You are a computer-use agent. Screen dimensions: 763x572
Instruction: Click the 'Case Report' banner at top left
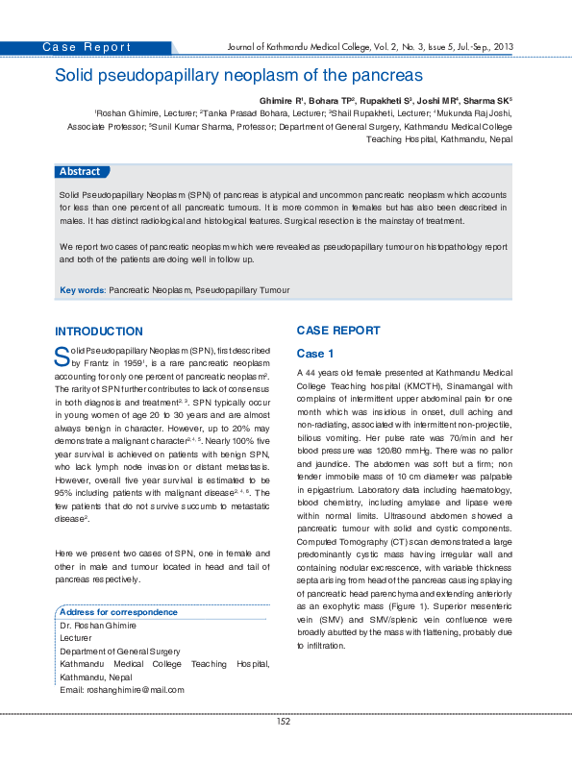(x=87, y=47)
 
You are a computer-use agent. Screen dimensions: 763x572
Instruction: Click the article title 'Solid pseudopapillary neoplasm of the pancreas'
(x=238, y=74)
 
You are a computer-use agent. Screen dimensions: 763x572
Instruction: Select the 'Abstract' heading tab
(x=80, y=171)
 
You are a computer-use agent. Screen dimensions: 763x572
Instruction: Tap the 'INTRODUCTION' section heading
(x=99, y=331)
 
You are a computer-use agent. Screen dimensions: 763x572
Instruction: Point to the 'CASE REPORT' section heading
(x=337, y=330)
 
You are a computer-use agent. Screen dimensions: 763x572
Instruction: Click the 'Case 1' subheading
(x=315, y=354)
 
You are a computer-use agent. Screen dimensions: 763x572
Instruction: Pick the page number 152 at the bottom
(x=284, y=721)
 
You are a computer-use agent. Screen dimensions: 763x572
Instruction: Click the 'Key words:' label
(x=83, y=289)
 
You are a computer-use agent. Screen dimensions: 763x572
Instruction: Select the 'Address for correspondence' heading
(x=112, y=612)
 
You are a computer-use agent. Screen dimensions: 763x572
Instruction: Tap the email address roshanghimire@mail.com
(x=135, y=690)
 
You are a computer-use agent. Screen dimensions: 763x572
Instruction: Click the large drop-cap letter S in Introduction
(x=62, y=358)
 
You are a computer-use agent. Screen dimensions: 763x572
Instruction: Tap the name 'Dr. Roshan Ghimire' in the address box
(x=98, y=626)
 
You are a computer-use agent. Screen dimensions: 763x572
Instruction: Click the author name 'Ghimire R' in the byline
(x=282, y=99)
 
